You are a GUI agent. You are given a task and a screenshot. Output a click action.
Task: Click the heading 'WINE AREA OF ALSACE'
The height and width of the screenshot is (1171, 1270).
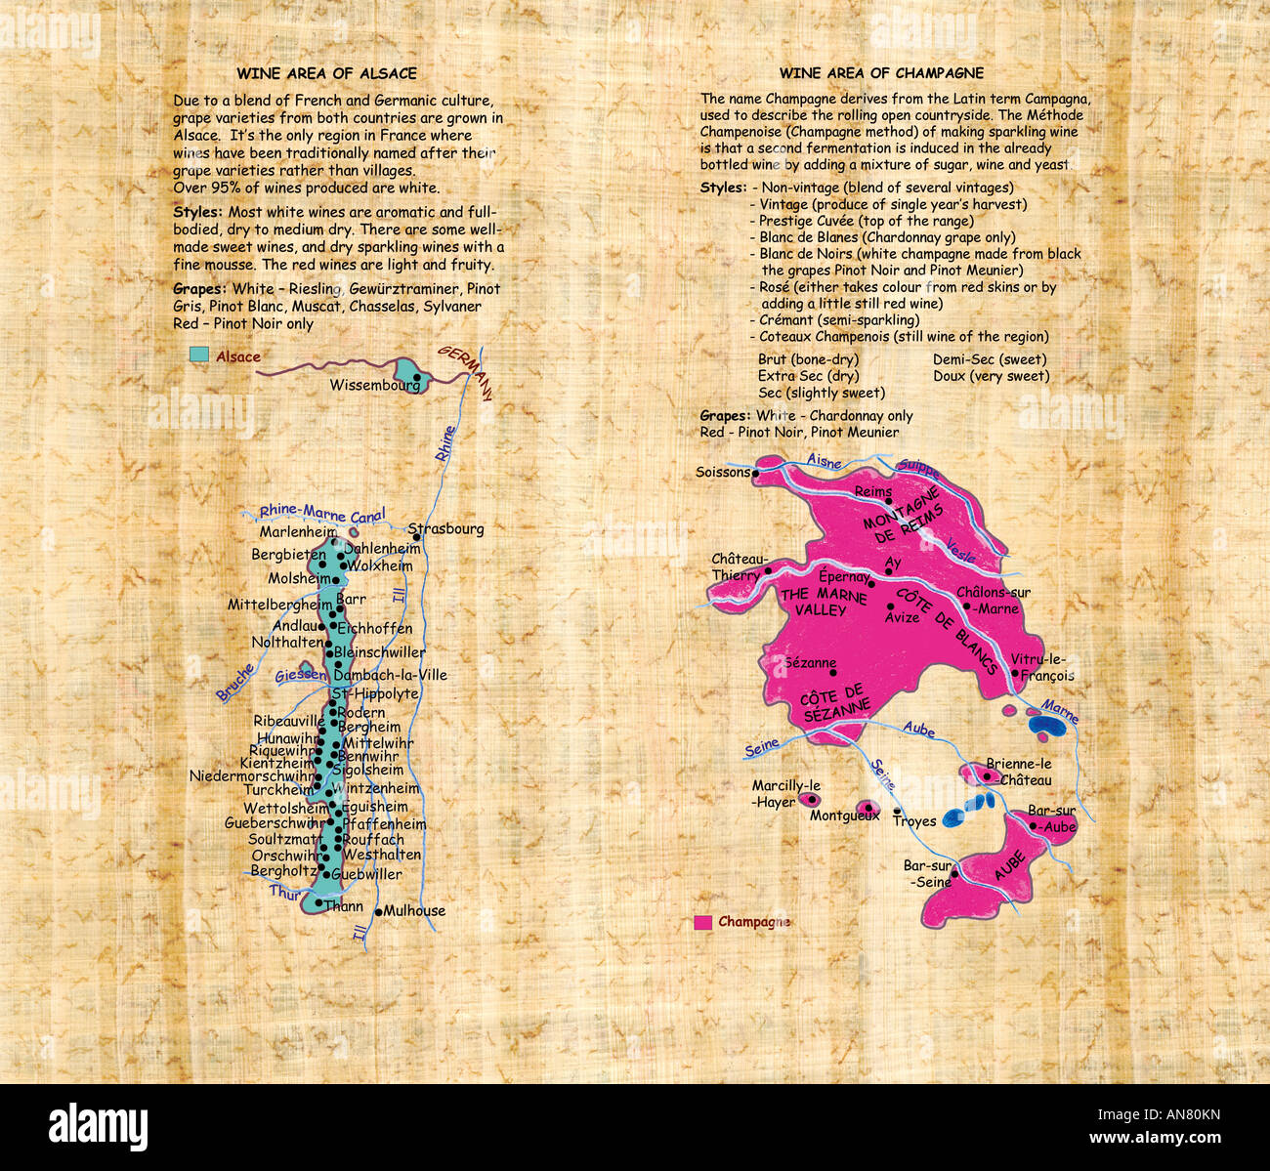tap(326, 73)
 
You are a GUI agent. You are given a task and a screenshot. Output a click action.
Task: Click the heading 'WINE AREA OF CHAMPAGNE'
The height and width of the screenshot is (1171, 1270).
tap(881, 73)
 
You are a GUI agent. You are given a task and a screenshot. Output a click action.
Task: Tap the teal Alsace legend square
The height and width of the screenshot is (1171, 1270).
tap(199, 355)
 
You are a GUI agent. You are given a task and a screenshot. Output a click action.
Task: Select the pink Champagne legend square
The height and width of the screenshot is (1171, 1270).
tap(702, 922)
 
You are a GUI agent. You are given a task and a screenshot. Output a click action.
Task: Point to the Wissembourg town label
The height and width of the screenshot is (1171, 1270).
tap(374, 386)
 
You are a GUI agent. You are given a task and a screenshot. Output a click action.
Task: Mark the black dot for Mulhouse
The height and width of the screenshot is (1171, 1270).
tap(379, 910)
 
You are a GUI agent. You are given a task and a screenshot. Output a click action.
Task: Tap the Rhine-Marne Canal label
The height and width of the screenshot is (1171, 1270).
tap(322, 513)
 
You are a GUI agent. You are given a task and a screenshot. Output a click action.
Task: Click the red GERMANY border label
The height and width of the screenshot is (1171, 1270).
tap(466, 372)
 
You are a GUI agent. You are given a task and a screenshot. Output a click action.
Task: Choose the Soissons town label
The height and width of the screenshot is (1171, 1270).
tap(722, 473)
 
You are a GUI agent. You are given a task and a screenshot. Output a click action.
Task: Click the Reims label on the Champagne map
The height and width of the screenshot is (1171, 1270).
tap(872, 492)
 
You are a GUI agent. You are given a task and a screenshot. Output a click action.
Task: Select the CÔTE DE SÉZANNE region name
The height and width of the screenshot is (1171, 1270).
tap(833, 702)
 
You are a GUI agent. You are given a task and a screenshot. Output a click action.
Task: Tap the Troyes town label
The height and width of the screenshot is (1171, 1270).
tap(914, 822)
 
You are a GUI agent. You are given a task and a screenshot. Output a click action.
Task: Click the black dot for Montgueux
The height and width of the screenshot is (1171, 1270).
tap(863, 807)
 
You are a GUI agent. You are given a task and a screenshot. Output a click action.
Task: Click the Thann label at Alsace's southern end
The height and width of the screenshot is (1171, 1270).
tap(344, 906)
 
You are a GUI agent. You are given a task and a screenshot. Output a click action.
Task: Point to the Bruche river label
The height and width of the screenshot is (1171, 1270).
tap(235, 683)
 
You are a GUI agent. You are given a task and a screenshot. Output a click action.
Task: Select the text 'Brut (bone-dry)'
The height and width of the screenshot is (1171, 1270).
tap(808, 359)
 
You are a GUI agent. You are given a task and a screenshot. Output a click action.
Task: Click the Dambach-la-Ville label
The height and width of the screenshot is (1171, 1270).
tap(390, 675)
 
